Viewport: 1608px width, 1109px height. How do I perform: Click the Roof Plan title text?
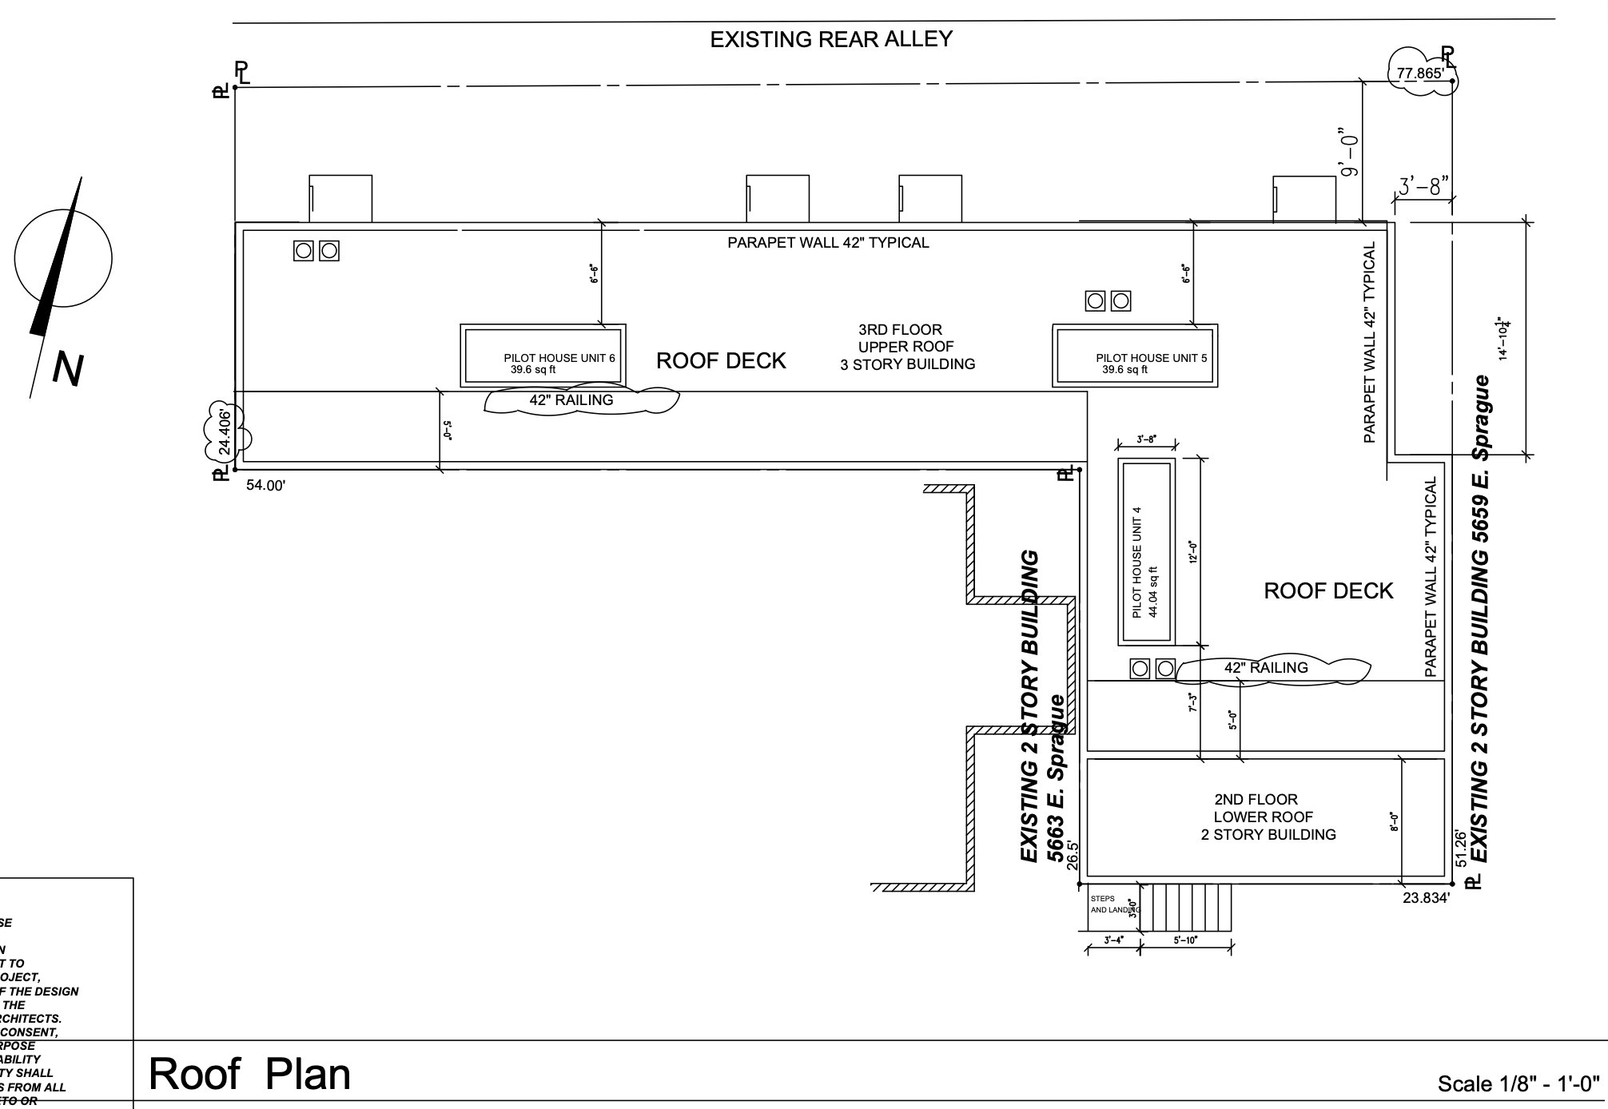point(249,1074)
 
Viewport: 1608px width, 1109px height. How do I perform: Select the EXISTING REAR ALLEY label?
point(831,39)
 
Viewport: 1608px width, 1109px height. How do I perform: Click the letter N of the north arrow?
point(68,369)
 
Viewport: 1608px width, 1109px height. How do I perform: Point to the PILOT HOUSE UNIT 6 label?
point(559,358)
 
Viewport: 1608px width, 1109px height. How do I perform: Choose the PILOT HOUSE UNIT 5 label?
point(1152,358)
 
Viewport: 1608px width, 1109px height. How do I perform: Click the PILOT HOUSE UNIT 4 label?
point(1137,562)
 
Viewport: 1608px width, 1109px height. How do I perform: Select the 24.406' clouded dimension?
point(226,432)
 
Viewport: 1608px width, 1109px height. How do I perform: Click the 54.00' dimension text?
point(265,485)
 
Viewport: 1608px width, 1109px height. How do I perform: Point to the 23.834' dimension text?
point(1426,898)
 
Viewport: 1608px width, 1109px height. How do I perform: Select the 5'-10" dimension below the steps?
point(1185,940)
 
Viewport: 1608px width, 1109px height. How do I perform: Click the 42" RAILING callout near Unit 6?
point(571,400)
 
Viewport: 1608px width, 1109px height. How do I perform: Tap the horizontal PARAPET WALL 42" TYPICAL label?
point(828,243)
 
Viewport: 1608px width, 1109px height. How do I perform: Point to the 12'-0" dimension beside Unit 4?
point(1193,551)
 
